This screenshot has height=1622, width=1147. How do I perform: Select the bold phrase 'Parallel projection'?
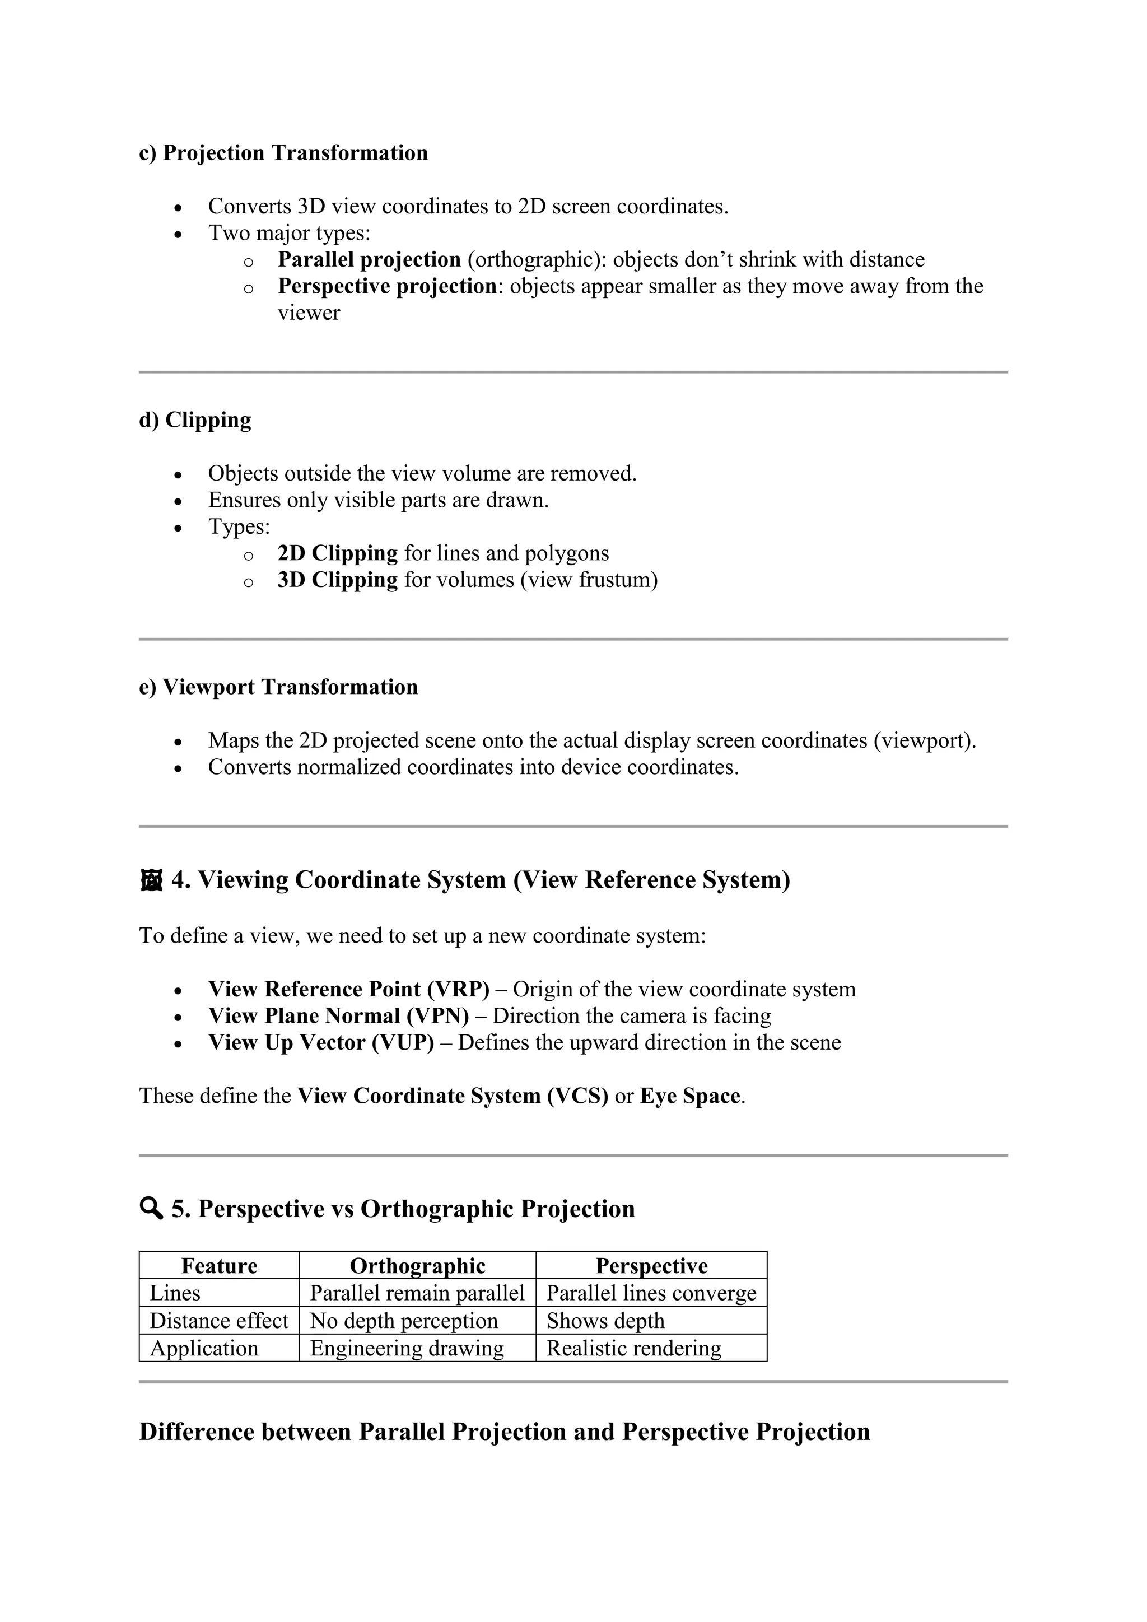point(369,259)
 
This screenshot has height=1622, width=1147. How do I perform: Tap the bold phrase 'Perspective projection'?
point(387,286)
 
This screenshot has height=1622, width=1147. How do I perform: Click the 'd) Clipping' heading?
point(195,420)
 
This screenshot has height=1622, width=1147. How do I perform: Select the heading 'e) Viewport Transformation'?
point(278,687)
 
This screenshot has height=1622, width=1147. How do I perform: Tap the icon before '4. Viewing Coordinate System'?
point(151,881)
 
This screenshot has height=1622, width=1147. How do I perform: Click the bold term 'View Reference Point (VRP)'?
point(348,989)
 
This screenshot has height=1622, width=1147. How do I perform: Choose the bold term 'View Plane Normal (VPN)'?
point(338,1016)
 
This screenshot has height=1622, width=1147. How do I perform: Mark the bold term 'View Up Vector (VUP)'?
point(321,1043)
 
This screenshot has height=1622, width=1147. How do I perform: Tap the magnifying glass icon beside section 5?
point(151,1209)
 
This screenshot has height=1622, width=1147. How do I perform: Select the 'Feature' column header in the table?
point(219,1265)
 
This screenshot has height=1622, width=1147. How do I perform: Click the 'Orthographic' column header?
point(417,1265)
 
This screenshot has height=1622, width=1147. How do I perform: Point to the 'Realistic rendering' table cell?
point(633,1348)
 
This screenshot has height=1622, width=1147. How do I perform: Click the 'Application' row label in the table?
point(204,1348)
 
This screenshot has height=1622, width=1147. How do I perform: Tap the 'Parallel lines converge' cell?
point(651,1293)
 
